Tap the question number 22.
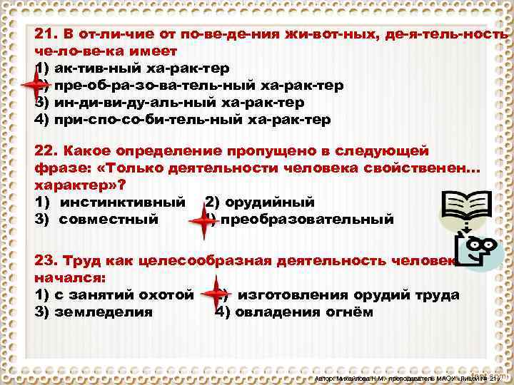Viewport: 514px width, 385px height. [46, 151]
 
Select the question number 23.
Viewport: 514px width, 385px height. [46, 260]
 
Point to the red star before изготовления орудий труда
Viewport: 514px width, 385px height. [213, 294]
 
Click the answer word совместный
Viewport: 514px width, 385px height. [109, 219]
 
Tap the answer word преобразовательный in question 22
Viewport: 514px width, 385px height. [307, 219]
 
